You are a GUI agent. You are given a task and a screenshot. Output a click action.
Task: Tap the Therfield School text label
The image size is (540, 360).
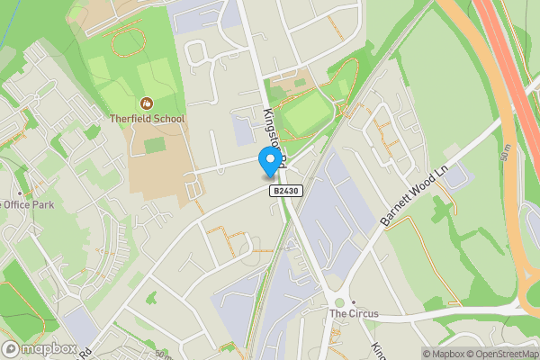pyautogui.click(x=147, y=118)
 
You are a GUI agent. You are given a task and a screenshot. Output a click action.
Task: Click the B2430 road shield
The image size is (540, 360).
pyautogui.click(x=283, y=191)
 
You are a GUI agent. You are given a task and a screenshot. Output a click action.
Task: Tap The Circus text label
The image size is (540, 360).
pyautogui.click(x=354, y=314)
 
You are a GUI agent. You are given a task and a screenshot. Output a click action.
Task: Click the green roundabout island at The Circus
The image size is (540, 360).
pyautogui.click(x=339, y=303)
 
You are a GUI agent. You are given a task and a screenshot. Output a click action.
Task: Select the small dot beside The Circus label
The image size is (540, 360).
pyautogui.click(x=354, y=302)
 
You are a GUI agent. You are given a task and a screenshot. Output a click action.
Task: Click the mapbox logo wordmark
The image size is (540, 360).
pyautogui.click(x=49, y=349)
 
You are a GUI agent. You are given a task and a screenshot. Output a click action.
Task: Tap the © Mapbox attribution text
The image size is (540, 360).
pyautogui.click(x=444, y=353)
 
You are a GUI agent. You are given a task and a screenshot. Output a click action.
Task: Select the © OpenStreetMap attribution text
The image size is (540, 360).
pyautogui.click(x=502, y=353)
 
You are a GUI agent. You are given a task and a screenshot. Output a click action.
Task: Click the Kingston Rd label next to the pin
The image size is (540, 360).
pyautogui.click(x=274, y=135)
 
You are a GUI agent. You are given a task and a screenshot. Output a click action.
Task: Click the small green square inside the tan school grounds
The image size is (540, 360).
pyautogui.click(x=155, y=144)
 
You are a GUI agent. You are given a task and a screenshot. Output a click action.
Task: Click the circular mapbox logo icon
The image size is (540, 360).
pyautogui.click(x=12, y=349)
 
